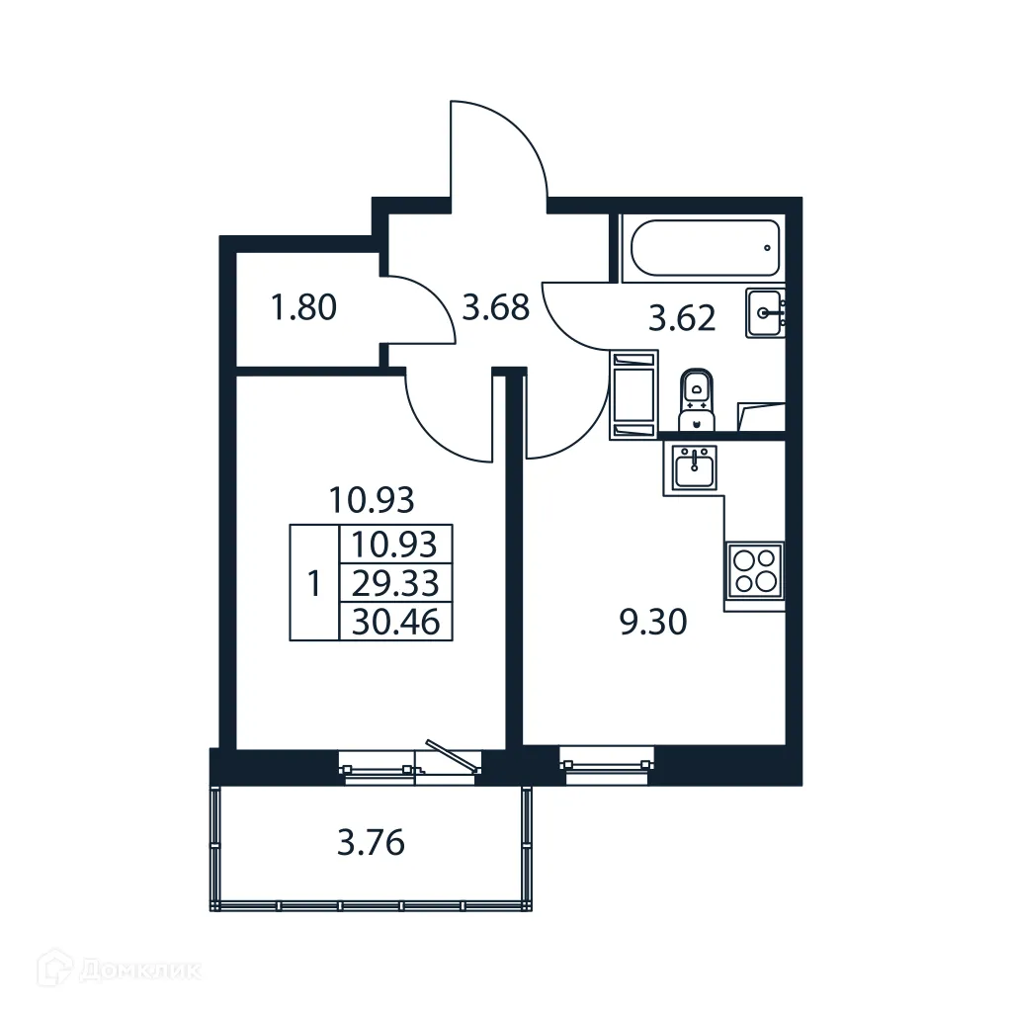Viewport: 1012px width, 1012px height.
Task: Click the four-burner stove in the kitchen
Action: tap(755, 570)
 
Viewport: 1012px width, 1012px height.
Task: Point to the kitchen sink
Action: tap(695, 466)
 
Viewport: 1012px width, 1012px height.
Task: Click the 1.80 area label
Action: tap(303, 308)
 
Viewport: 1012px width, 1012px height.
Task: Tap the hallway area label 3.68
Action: tap(496, 308)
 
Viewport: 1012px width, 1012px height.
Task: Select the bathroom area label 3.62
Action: tap(682, 319)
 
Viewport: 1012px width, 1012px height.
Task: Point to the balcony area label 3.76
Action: tap(372, 844)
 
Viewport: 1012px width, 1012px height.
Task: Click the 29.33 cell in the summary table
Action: tap(395, 583)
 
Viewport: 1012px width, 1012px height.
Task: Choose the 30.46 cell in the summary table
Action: tap(395, 622)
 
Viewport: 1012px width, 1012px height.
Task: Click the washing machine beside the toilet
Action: tap(633, 392)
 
